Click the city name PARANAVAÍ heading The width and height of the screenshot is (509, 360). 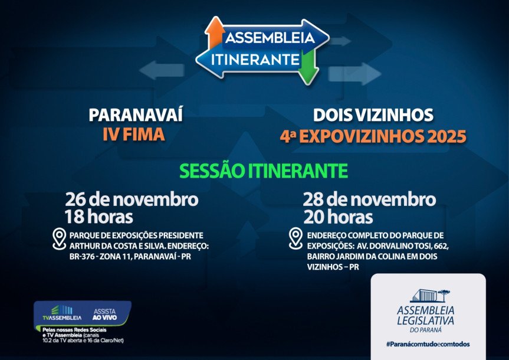pos(136,115)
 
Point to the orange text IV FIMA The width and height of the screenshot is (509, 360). pos(133,135)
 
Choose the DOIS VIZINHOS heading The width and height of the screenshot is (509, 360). pos(373,115)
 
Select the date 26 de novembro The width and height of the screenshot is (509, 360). pos(132,199)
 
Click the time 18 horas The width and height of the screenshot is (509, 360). pos(100,217)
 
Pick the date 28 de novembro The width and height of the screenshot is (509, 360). pos(369,199)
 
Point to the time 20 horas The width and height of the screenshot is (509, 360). pos(338,217)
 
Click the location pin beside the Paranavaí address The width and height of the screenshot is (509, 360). pos(59,238)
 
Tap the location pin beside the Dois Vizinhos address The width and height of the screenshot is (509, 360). pos(295,238)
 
